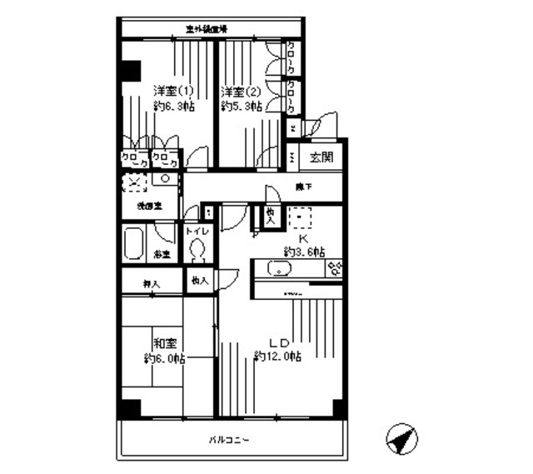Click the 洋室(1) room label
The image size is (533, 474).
pyautogui.click(x=172, y=90)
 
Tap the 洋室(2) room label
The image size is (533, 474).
pyautogui.click(x=240, y=90)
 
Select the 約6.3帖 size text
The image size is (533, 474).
pyautogui.click(x=173, y=107)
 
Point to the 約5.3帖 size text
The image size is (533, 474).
pyautogui.click(x=241, y=107)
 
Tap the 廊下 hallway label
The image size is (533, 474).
pyautogui.click(x=303, y=187)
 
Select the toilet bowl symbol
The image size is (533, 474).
pyautogui.click(x=197, y=249)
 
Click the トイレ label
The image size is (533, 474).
pyautogui.click(x=197, y=231)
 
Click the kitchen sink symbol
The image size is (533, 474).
pyautogui.click(x=277, y=268)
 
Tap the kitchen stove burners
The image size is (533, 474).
pyautogui.click(x=336, y=268)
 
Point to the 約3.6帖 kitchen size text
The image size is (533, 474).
pyautogui.click(x=303, y=252)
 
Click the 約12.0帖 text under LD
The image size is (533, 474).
pyautogui.click(x=277, y=357)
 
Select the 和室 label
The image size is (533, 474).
pyautogui.click(x=162, y=342)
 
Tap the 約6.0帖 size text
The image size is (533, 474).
pyautogui.click(x=163, y=359)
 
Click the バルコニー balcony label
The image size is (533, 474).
pyautogui.click(x=231, y=439)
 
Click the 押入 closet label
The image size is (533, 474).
pyautogui.click(x=150, y=284)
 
